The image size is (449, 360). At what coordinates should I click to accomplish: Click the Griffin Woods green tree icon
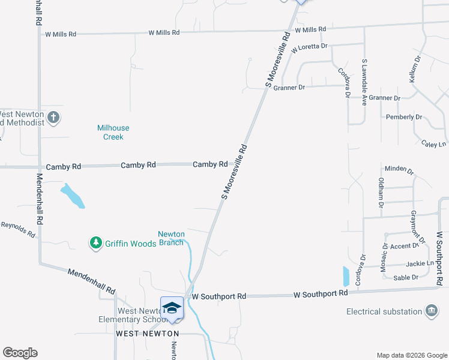coord(95,243)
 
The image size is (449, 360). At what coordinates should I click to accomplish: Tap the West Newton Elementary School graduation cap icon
coord(172,307)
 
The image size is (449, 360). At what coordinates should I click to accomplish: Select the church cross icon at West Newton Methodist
coord(53,117)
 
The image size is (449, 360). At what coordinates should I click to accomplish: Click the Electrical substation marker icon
coord(431,311)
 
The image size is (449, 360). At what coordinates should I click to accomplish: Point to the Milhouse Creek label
coord(113,132)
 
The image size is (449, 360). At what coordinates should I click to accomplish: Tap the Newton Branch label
coord(171,238)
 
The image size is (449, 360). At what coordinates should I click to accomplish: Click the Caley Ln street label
coord(433,144)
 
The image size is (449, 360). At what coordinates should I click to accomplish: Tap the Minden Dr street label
coord(399,170)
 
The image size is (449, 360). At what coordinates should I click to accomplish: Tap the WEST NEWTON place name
coord(147,333)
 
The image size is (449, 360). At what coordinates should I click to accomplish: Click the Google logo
coord(20,353)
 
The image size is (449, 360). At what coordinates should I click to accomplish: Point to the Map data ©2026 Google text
coord(411,355)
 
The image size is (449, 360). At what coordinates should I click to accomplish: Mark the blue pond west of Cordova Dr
coord(345,276)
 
